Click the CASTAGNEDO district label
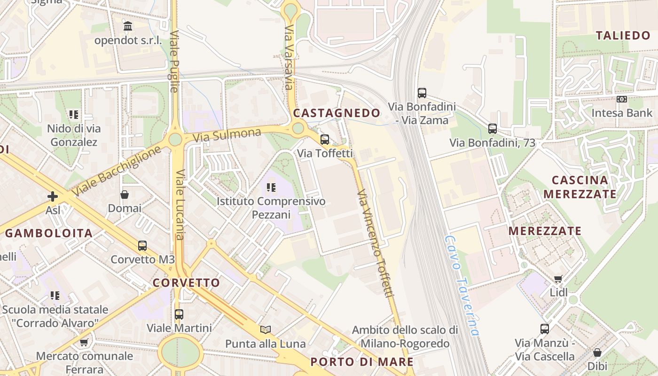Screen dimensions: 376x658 (337, 113)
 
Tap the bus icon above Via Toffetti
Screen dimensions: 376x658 (325, 139)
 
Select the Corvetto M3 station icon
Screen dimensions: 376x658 (142, 245)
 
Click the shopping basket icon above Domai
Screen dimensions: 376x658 (125, 194)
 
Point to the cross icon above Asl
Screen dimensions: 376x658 (53, 196)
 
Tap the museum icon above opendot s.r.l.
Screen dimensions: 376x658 (128, 26)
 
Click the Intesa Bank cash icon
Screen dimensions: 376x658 (622, 99)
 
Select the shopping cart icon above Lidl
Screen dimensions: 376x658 (558, 279)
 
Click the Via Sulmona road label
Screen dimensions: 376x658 (227, 135)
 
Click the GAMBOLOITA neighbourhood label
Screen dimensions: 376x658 (49, 233)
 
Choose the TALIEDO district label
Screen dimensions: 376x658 (623, 36)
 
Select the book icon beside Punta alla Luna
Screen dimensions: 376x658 (266, 329)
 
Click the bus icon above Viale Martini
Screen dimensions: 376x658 (179, 314)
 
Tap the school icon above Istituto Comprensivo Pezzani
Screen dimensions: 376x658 (271, 188)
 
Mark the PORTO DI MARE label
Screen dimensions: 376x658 (362, 362)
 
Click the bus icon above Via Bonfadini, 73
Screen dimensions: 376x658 (492, 128)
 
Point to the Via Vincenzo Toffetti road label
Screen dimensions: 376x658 (375, 243)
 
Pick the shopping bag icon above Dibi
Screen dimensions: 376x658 (597, 352)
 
